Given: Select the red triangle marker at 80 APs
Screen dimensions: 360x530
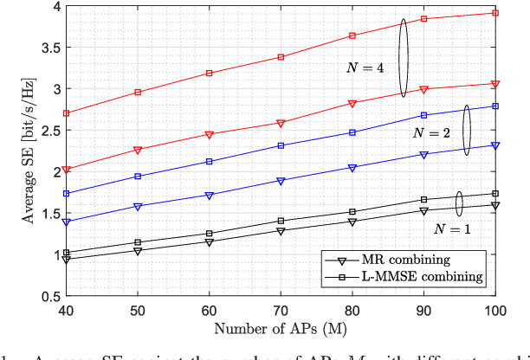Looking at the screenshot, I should (352, 104).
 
